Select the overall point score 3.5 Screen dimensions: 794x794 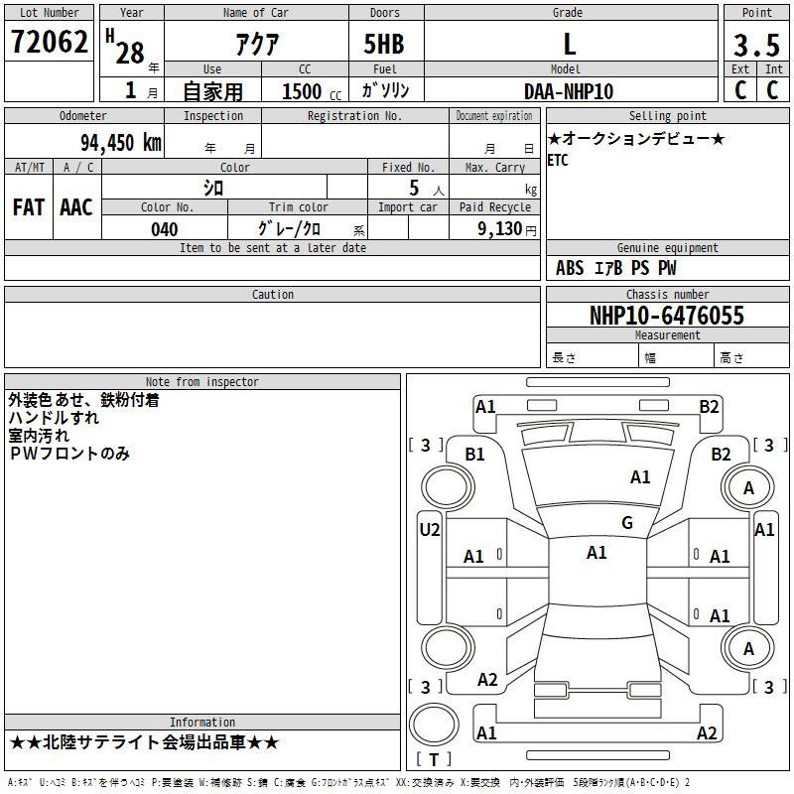coord(756,46)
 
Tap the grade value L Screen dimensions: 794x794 coord(569,44)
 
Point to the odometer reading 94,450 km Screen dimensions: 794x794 coord(120,143)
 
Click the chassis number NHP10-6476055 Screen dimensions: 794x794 coord(667,316)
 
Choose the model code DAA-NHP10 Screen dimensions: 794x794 coord(569,91)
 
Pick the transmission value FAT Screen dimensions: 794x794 coord(28,207)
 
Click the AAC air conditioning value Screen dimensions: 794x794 coord(76,207)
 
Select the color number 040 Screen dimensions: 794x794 coord(164,229)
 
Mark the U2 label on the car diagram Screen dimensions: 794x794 coord(429,530)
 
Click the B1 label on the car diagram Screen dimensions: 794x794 coord(475,454)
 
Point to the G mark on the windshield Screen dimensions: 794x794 coord(627,523)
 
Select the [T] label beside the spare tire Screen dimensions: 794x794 coord(433,760)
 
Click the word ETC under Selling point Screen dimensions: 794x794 coord(558,160)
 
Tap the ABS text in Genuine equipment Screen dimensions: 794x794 coord(570,268)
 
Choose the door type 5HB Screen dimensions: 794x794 coord(384,44)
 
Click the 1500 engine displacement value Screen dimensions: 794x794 coord(302,91)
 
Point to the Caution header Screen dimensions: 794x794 coord(273,295)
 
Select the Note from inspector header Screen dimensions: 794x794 coord(202,382)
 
